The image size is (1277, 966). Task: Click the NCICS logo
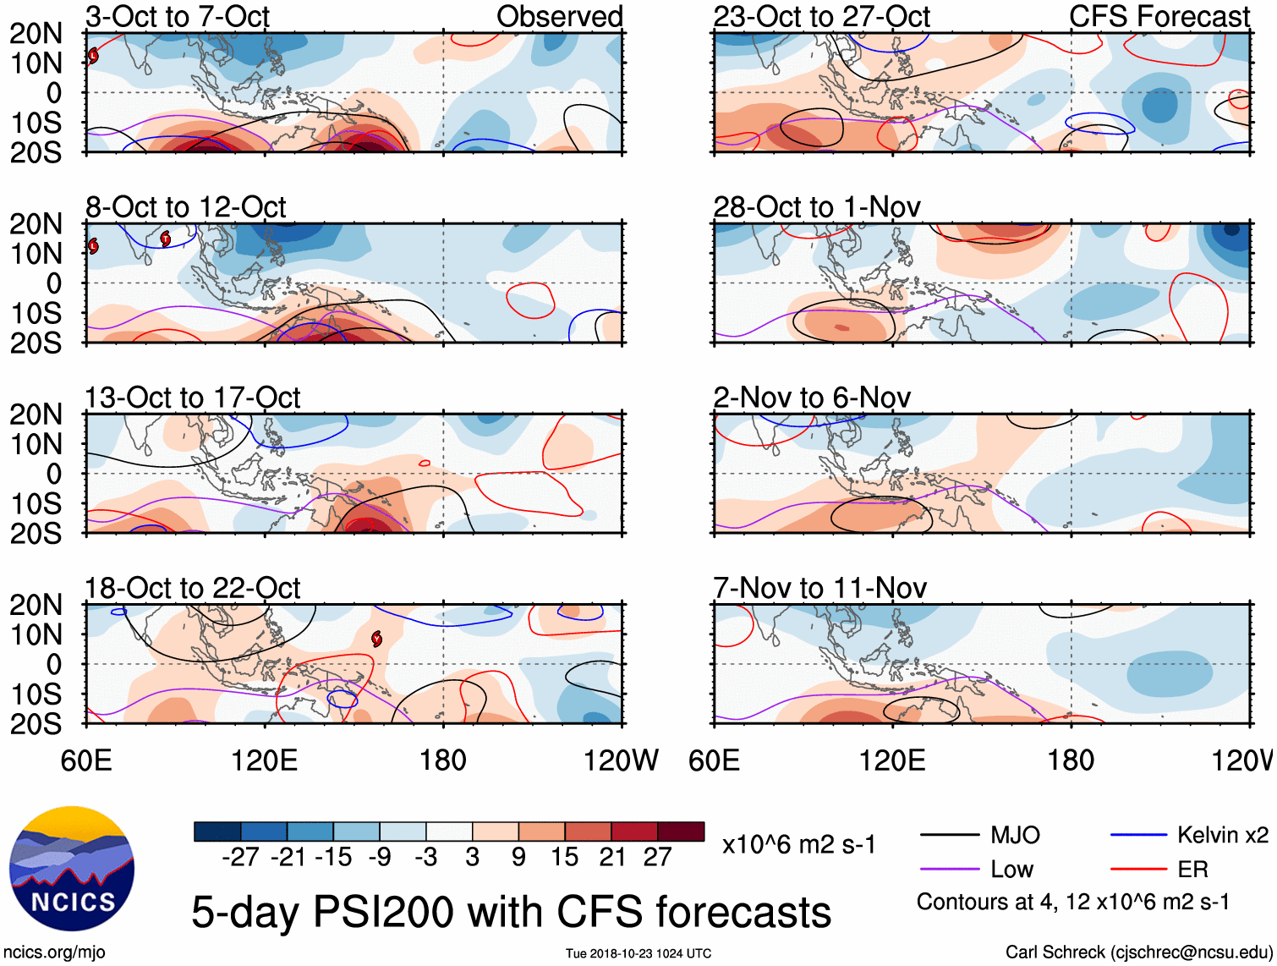72,869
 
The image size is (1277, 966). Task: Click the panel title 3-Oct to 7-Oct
178,16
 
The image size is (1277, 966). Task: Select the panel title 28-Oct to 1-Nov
817,207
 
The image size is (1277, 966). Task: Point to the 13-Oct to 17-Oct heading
193,398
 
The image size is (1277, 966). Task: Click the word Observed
559,16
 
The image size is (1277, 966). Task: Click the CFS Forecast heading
1159,16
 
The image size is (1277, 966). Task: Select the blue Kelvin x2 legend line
1138,836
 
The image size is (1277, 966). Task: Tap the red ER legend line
1138,870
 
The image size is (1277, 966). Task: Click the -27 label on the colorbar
240,858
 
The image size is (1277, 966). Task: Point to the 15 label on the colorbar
564,858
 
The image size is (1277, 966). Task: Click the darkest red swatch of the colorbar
681,832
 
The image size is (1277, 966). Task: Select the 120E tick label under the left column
265,760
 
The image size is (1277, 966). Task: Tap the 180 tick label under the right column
1071,760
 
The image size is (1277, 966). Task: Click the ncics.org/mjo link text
54,952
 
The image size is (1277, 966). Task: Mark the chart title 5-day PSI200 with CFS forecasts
511,913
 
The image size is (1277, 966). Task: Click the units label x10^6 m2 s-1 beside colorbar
798,845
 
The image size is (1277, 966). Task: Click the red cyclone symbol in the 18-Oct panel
376,639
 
